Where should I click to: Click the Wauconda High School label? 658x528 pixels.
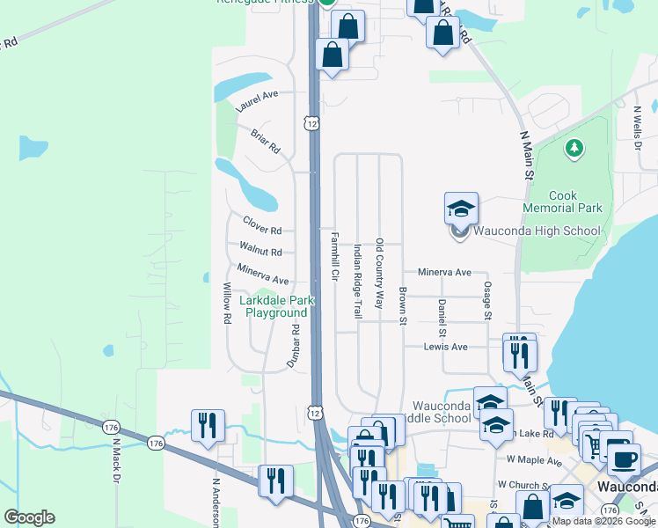coord(537,231)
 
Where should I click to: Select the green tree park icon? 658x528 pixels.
coord(574,148)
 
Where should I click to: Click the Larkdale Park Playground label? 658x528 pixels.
coord(276,306)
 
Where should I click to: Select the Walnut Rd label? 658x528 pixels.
coord(260,249)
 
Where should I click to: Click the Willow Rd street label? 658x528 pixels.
coord(226,304)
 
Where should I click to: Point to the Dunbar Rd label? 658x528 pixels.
coord(294,345)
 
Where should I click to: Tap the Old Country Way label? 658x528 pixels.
coord(380,273)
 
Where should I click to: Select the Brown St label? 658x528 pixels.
coord(402,305)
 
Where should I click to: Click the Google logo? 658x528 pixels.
coord(29,517)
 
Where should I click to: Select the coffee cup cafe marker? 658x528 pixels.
coord(624,458)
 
